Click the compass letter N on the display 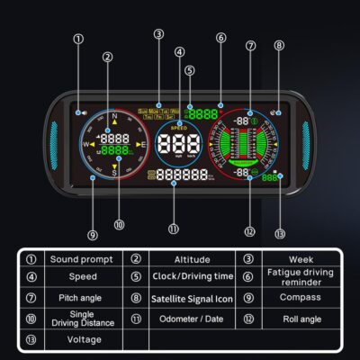[x=115, y=115]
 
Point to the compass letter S [x=115, y=172]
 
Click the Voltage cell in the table [x=84, y=339]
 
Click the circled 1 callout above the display [x=79, y=40]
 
